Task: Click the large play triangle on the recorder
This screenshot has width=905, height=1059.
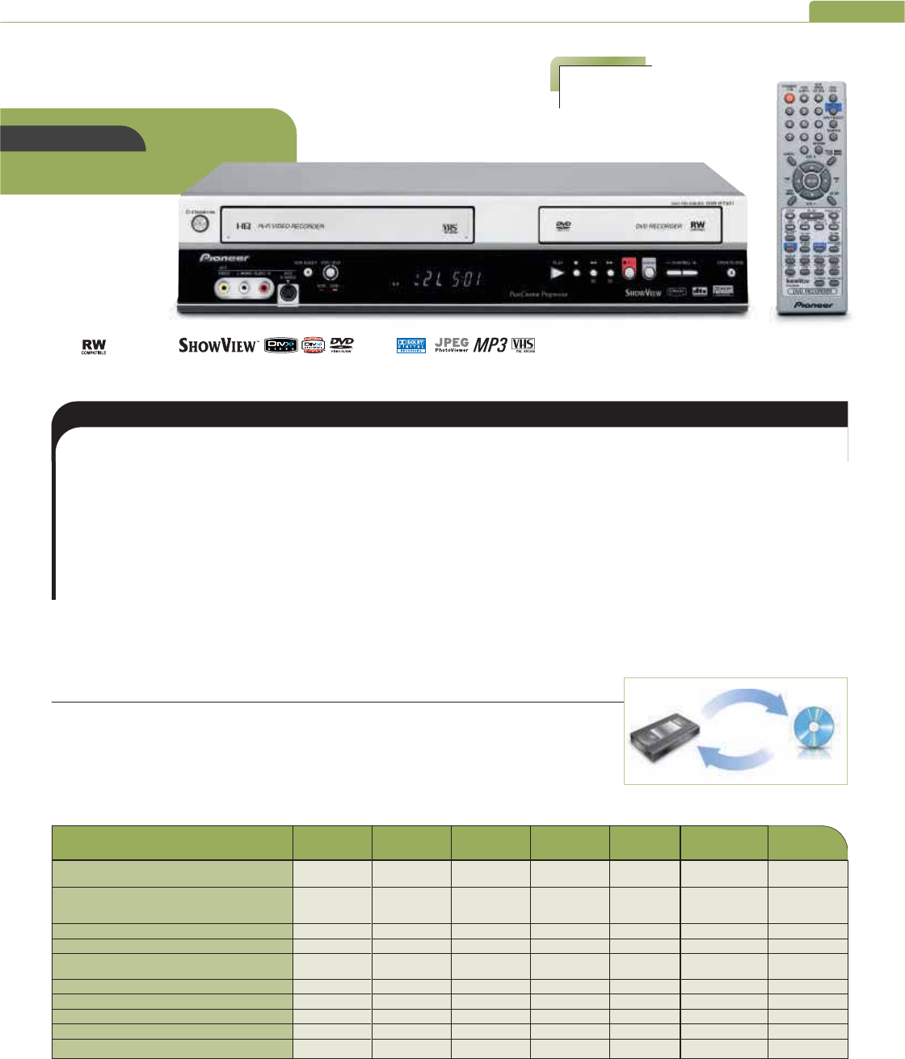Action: click(557, 273)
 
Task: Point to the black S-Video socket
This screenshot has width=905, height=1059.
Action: click(288, 294)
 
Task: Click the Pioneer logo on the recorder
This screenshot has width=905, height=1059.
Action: click(224, 258)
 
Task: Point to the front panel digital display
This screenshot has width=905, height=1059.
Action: click(448, 281)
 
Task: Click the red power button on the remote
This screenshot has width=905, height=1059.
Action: click(788, 98)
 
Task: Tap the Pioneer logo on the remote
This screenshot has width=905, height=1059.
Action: click(813, 305)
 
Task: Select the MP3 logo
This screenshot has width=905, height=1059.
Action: click(490, 345)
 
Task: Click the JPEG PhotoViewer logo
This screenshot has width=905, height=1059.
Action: click(452, 345)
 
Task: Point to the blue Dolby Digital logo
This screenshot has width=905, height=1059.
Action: click(410, 346)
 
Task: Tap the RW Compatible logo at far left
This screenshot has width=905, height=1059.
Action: click(94, 347)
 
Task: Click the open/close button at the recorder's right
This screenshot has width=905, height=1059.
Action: click(730, 273)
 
